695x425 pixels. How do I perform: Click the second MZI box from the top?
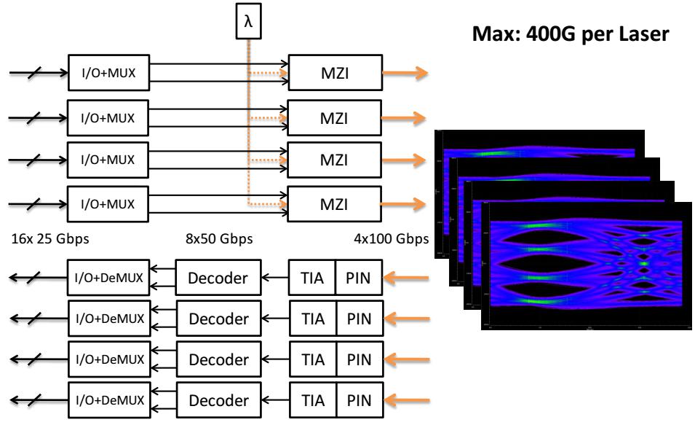pos(333,117)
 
